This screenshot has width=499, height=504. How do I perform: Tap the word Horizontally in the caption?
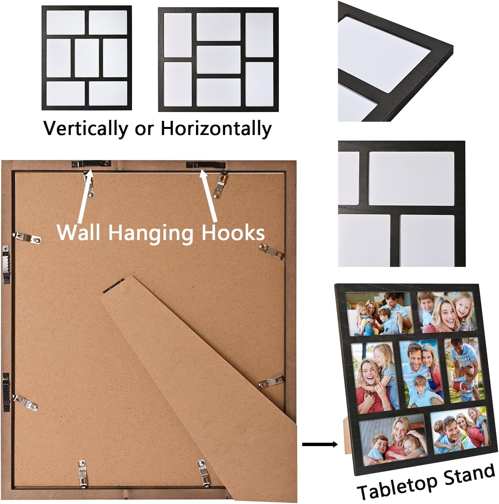tap(216, 128)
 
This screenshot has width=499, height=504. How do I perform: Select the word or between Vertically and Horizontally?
tap(144, 129)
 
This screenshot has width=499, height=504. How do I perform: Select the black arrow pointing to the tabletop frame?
tap(319, 444)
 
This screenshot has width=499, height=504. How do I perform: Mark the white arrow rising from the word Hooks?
tap(209, 195)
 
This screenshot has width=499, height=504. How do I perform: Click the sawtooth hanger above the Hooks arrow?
tap(206, 164)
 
